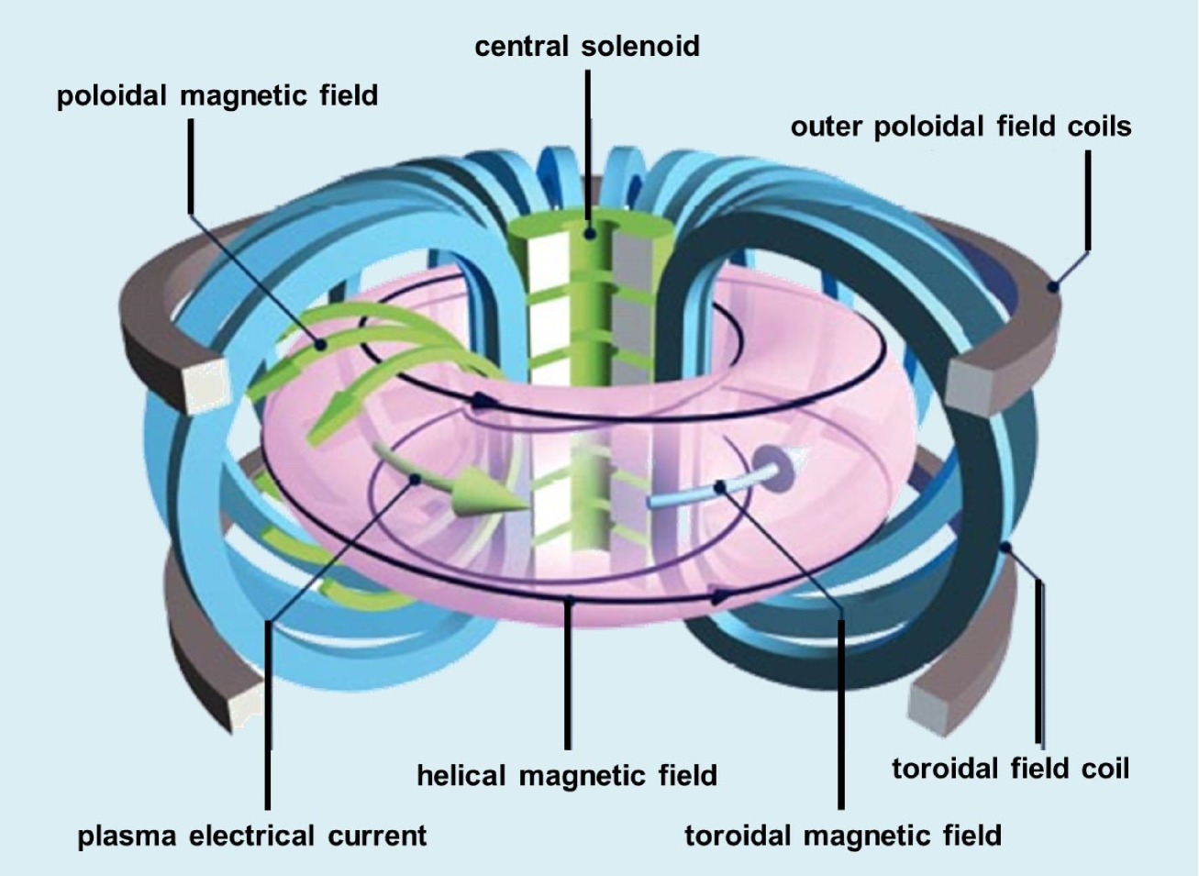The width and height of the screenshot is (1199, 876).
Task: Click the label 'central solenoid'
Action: click(x=587, y=46)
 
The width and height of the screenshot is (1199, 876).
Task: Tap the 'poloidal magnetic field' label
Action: click(x=217, y=95)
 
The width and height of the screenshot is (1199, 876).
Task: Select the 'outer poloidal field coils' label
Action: click(x=960, y=127)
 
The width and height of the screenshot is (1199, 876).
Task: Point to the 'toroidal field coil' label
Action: click(x=1010, y=768)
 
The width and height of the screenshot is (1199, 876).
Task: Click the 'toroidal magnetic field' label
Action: click(x=843, y=836)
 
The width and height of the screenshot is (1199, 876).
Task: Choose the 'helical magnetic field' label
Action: click(x=567, y=776)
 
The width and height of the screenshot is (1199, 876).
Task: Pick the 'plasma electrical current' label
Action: click(x=252, y=837)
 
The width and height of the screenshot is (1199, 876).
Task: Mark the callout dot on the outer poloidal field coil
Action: click(x=1054, y=287)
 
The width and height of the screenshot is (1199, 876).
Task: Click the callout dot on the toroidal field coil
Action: click(x=1006, y=548)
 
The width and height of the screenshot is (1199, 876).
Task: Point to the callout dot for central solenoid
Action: click(x=588, y=233)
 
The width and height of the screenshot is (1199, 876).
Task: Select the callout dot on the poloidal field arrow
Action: click(x=320, y=345)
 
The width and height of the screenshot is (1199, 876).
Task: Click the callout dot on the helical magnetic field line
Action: click(x=569, y=602)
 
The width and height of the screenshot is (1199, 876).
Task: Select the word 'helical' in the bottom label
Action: click(x=461, y=776)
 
